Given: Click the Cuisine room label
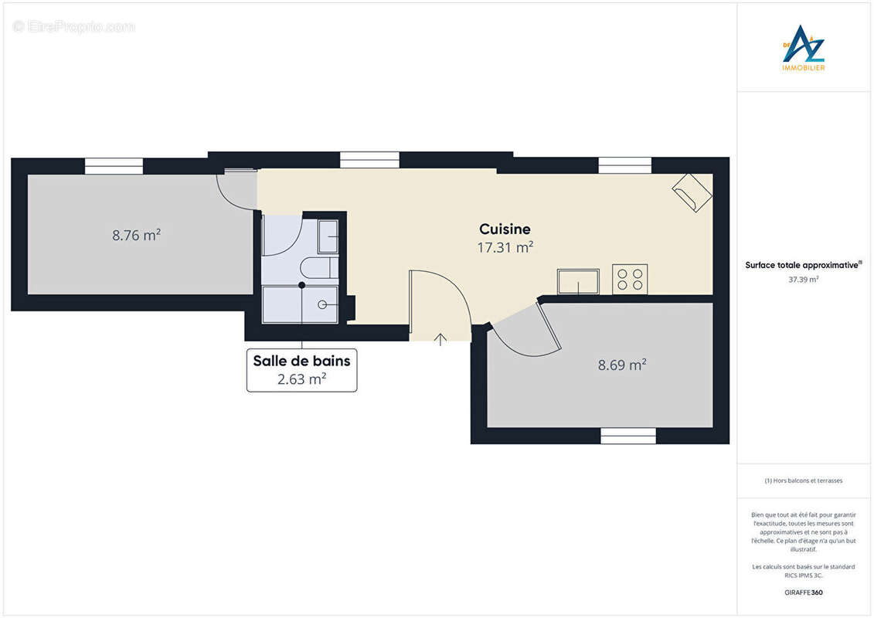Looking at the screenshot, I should [505, 229].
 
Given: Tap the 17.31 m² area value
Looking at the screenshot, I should [505, 248].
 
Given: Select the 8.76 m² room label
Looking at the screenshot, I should [136, 236].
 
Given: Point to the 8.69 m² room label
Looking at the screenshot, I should [622, 365].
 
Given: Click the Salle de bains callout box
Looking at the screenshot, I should [301, 370].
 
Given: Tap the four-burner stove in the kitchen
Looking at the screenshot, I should [630, 279].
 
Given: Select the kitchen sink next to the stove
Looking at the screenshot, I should [578, 281].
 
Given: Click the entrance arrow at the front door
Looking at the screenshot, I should [440, 338].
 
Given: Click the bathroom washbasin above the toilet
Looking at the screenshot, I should [328, 236].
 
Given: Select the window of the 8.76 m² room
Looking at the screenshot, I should [114, 166].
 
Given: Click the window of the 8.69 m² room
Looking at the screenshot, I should [627, 436].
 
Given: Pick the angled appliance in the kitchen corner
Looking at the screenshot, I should [692, 192].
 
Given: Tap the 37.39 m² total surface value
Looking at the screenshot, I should [804, 280].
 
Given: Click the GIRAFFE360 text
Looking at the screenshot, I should [804, 591].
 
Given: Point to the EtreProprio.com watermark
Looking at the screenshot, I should [74, 27].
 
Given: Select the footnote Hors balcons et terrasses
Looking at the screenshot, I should [804, 480].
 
